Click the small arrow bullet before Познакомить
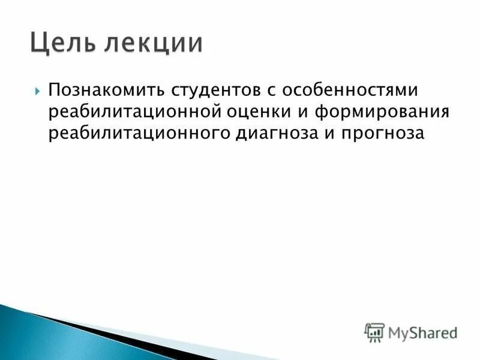[38, 92]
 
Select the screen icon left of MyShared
[374, 331]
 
